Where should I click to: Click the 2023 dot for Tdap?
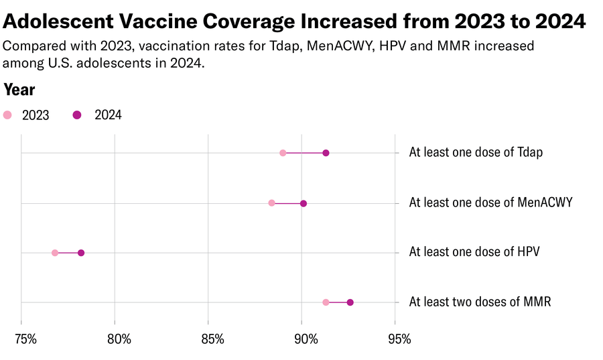[x=283, y=153]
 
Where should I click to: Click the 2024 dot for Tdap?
[x=326, y=153]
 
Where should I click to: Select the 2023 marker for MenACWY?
[x=271, y=202]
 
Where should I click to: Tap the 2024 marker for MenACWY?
[x=304, y=203]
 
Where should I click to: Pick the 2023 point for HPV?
[x=55, y=253]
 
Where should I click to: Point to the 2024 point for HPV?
[x=81, y=253]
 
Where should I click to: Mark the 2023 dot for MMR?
[x=326, y=302]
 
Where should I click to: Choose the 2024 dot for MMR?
[x=350, y=302]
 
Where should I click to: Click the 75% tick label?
[x=25, y=339]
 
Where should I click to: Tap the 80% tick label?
[x=119, y=339]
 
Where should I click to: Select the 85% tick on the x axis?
[x=212, y=339]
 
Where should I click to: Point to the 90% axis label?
[x=306, y=339]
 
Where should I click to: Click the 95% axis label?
[x=399, y=339]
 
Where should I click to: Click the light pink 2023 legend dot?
[x=8, y=115]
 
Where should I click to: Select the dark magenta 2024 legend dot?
[x=77, y=115]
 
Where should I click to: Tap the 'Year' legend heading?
[x=19, y=90]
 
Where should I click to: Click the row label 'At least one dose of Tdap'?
[x=476, y=152]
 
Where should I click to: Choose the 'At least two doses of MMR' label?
[x=480, y=302]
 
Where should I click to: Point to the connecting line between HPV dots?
[x=68, y=253]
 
